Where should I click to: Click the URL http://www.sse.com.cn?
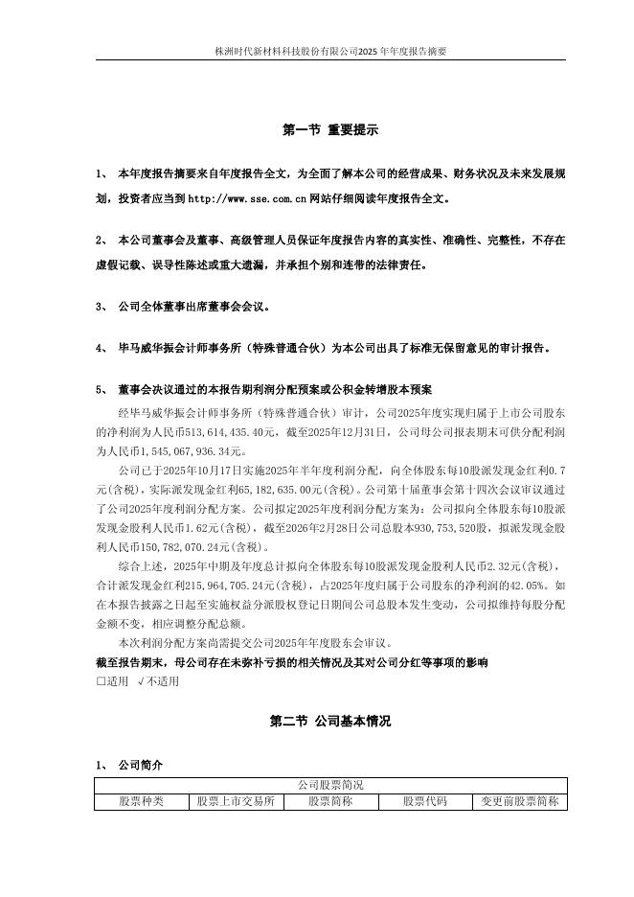(247, 200)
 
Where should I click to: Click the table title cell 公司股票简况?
(330, 785)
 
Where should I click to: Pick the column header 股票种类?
(141, 800)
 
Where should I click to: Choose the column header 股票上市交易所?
(236, 800)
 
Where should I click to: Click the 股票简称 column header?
(330, 800)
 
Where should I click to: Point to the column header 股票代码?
(424, 800)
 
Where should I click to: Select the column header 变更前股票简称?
(519, 800)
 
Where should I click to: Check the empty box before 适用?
(101, 681)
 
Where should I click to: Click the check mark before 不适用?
(142, 681)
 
